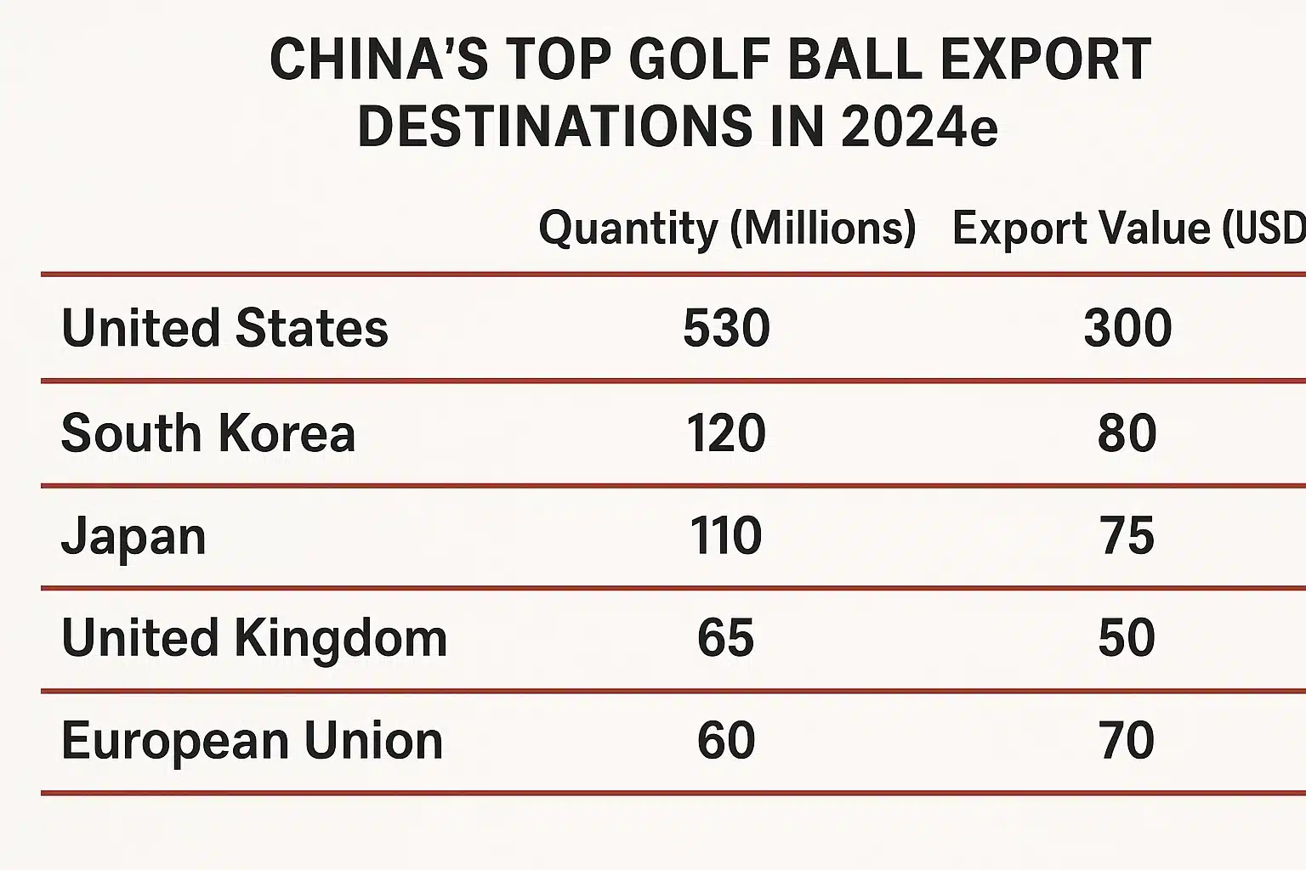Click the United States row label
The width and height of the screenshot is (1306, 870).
click(224, 329)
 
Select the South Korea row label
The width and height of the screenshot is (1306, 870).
click(208, 433)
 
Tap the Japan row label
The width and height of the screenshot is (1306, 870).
click(133, 537)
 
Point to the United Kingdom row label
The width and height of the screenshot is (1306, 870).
click(254, 638)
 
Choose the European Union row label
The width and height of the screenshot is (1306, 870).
click(253, 741)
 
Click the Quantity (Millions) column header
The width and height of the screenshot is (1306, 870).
click(727, 229)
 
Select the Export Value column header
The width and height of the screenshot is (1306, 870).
click(1128, 229)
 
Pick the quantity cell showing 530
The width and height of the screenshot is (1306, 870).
click(726, 329)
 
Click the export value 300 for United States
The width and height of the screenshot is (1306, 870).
click(1127, 329)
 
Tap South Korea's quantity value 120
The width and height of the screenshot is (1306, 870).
click(726, 433)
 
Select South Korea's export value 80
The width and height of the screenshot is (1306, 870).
click(1127, 433)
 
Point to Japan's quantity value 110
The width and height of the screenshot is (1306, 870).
click(726, 537)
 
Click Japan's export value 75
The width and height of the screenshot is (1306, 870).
click(1127, 537)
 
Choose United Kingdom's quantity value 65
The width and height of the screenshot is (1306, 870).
click(726, 638)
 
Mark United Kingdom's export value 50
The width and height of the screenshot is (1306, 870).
click(1127, 638)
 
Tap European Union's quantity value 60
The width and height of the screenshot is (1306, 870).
click(726, 741)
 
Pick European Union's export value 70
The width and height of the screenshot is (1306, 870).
click(1127, 741)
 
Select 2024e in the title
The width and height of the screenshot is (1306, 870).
click(918, 127)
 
